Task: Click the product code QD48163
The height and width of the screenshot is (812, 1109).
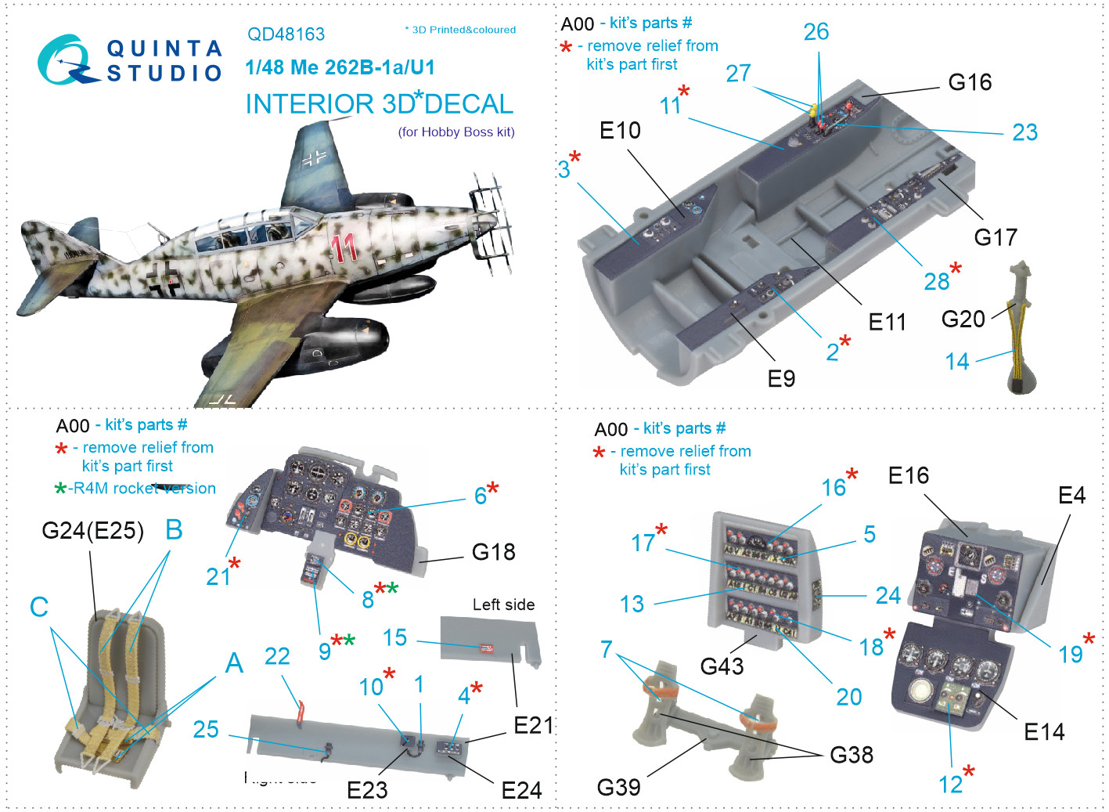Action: (x=286, y=34)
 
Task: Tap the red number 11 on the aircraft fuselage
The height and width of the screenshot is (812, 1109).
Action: (x=344, y=247)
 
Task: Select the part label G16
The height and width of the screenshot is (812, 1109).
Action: (x=970, y=82)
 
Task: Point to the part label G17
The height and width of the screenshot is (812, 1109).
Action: (x=996, y=236)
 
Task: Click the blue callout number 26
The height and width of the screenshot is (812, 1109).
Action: (x=816, y=32)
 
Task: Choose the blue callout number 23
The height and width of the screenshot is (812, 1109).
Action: (x=1024, y=132)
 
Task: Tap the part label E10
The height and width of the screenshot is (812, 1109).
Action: (x=620, y=130)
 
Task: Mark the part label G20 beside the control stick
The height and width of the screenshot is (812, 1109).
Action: (x=963, y=319)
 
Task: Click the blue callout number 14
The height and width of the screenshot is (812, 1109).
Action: (x=957, y=361)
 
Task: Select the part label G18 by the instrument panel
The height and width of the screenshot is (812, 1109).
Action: (x=493, y=552)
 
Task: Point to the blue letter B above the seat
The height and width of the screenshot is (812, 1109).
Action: (x=174, y=529)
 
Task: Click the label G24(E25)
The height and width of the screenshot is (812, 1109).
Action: (x=92, y=531)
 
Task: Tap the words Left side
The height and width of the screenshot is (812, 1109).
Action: (x=503, y=604)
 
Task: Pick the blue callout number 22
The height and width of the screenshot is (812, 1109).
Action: (x=277, y=656)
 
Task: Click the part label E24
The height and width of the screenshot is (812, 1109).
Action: (x=521, y=790)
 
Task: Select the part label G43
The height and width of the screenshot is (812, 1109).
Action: (x=722, y=666)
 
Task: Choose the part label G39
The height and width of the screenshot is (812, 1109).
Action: (x=618, y=787)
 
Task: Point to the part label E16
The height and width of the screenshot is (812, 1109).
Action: (x=909, y=475)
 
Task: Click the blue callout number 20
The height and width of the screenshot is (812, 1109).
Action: (x=849, y=696)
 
